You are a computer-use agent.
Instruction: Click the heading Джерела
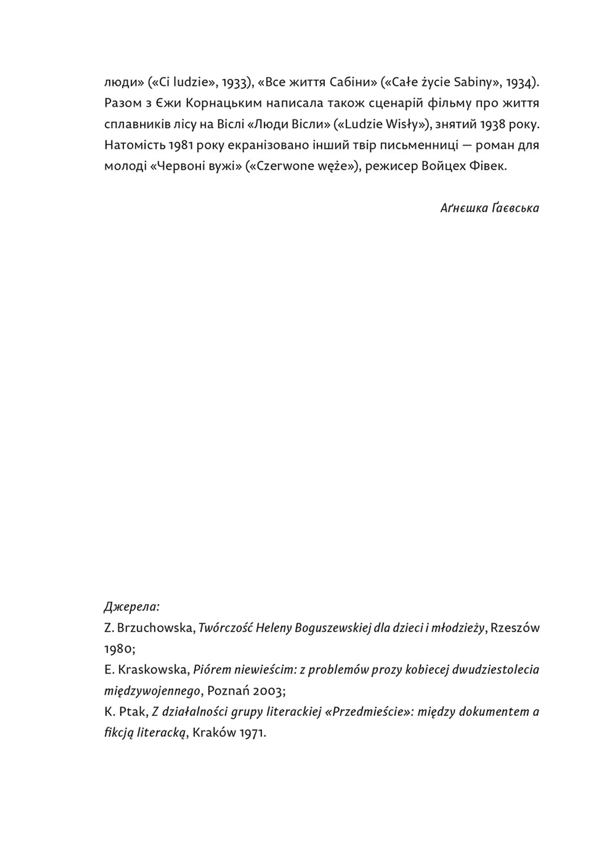click(x=132, y=607)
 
